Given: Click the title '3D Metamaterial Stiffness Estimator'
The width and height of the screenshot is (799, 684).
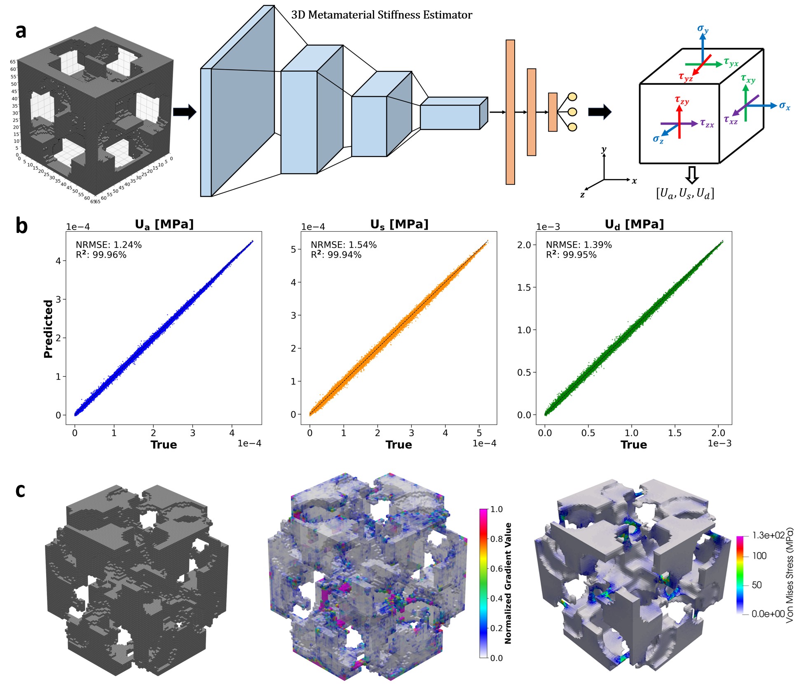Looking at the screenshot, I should pyautogui.click(x=382, y=15).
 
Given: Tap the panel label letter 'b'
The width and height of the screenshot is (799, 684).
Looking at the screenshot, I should pyautogui.click(x=21, y=226).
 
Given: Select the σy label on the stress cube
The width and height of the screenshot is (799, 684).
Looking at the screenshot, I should pyautogui.click(x=703, y=29).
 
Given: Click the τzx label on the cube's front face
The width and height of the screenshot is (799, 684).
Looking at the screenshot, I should pyautogui.click(x=707, y=123).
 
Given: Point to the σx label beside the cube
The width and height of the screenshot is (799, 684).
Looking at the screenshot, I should pyautogui.click(x=784, y=106).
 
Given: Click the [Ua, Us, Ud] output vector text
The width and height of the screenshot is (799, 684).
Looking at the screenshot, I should pyautogui.click(x=685, y=193).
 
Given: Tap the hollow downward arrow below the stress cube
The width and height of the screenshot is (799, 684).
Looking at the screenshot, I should pyautogui.click(x=692, y=174).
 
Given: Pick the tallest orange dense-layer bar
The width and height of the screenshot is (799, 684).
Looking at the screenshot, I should pyautogui.click(x=510, y=112).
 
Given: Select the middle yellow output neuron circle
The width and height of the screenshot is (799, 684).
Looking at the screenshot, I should pyautogui.click(x=572, y=112).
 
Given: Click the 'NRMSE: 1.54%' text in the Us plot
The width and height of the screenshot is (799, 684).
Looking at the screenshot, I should pyautogui.click(x=344, y=245).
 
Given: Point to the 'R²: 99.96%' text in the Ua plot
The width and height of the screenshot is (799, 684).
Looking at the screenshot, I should pyautogui.click(x=101, y=255).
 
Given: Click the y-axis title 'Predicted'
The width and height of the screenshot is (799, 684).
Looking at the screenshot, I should pyautogui.click(x=48, y=329).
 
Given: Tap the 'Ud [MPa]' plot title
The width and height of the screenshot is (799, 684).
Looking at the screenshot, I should pyautogui.click(x=634, y=224).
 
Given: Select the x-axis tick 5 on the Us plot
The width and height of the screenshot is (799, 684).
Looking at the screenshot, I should pyautogui.click(x=479, y=433).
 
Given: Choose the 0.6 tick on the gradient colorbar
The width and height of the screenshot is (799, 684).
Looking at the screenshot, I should pyautogui.click(x=496, y=569).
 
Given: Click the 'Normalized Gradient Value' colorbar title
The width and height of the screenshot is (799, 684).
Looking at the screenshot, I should pyautogui.click(x=508, y=583).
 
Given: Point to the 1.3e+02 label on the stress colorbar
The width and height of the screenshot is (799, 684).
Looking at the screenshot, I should pyautogui.click(x=768, y=536).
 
